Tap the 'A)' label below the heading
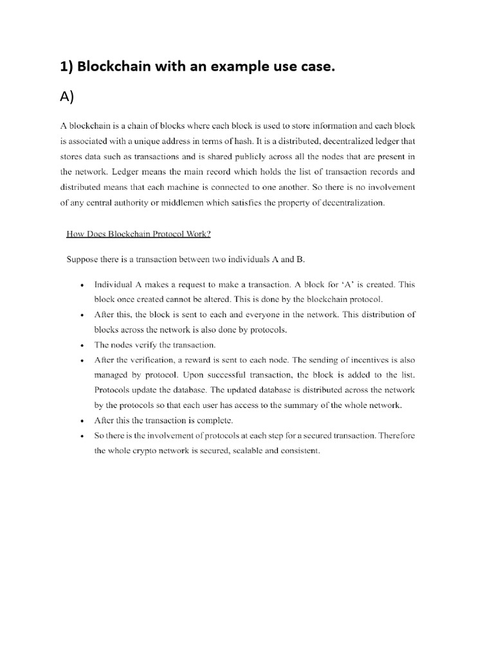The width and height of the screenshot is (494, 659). pos(68,97)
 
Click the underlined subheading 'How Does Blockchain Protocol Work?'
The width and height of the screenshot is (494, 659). pos(138,234)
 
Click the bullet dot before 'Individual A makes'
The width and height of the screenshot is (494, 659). pos(81,284)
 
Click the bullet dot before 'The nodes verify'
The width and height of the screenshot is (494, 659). pos(81,346)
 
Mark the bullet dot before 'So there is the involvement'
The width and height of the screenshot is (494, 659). pos(81,436)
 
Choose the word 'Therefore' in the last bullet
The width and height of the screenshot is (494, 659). pos(394,436)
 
